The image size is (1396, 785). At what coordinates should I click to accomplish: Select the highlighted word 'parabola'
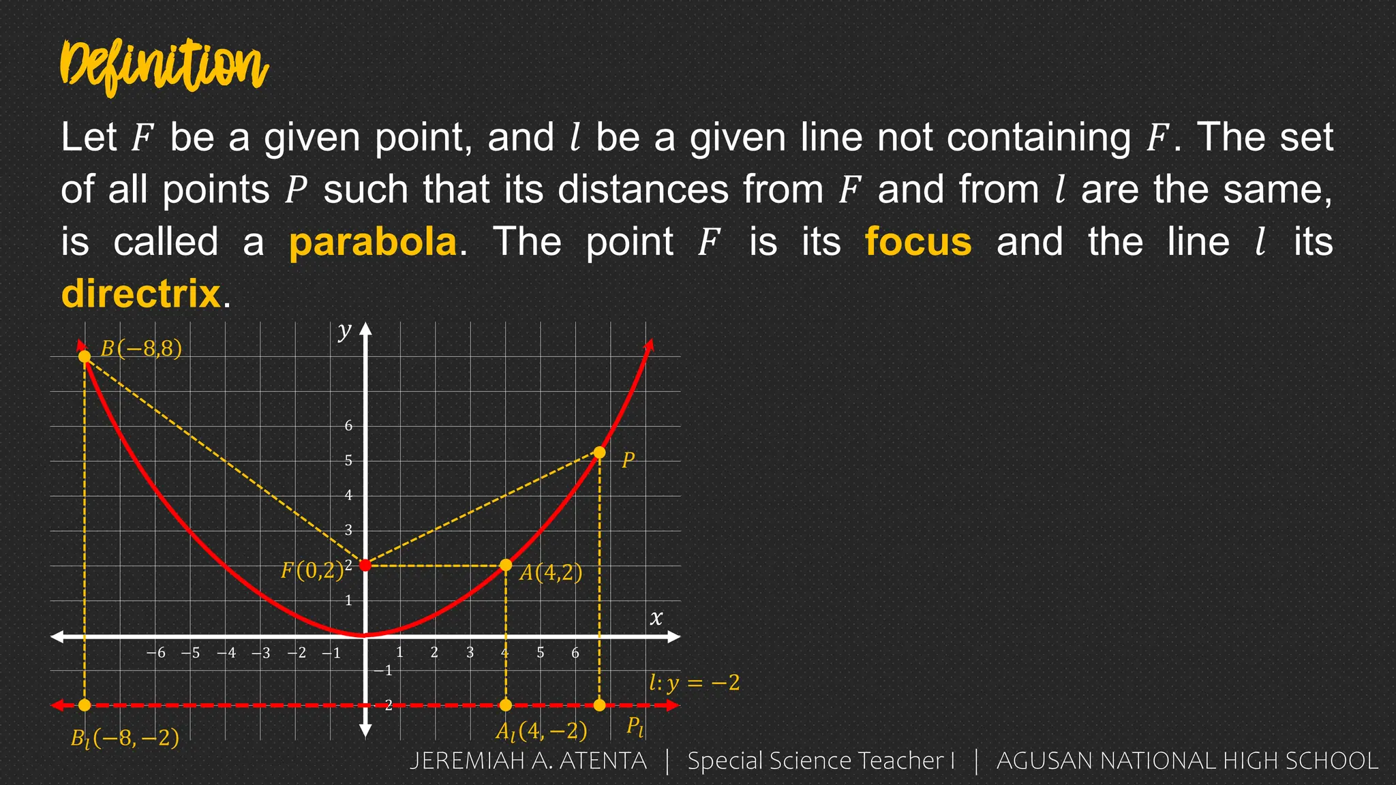pyautogui.click(x=373, y=242)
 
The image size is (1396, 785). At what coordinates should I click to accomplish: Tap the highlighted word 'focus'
pyautogui.click(x=918, y=242)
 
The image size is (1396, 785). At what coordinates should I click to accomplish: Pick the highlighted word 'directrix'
pyautogui.click(x=140, y=294)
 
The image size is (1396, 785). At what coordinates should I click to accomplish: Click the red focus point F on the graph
pyautogui.click(x=365, y=565)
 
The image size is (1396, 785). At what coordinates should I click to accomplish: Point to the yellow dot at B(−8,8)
pyautogui.click(x=85, y=356)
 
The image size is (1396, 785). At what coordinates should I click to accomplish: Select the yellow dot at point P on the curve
pyautogui.click(x=599, y=452)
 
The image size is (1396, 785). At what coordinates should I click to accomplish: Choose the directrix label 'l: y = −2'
pyautogui.click(x=694, y=682)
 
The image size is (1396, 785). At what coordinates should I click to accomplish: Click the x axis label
pyautogui.click(x=656, y=618)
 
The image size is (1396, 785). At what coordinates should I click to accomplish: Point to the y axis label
pyautogui.click(x=345, y=330)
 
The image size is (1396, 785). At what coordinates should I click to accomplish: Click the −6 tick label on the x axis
pyautogui.click(x=156, y=653)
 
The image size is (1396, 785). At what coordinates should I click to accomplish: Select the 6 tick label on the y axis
pyautogui.click(x=348, y=426)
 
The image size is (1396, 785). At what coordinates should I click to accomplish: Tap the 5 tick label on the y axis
pyautogui.click(x=348, y=461)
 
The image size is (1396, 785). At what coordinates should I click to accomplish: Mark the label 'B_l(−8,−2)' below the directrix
pyautogui.click(x=125, y=738)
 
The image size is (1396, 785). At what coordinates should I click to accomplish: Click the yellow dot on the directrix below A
pyautogui.click(x=506, y=705)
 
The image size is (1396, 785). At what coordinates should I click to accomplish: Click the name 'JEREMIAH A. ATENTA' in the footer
pyautogui.click(x=528, y=761)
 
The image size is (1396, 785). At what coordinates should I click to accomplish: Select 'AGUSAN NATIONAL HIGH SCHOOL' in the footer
pyautogui.click(x=1187, y=761)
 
